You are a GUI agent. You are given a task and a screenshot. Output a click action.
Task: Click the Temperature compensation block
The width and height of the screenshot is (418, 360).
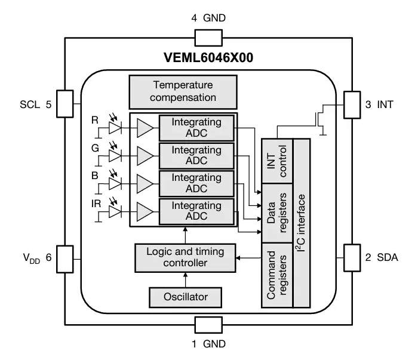point(183,91)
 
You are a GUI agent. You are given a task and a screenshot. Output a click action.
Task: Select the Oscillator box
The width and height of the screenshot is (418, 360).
point(186,296)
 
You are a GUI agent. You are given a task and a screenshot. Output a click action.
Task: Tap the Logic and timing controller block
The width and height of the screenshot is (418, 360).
point(186,257)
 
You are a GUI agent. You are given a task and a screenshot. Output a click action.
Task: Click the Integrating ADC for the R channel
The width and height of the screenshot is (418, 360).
point(196,127)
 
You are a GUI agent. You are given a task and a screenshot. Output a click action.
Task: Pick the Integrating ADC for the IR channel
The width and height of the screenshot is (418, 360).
point(196,211)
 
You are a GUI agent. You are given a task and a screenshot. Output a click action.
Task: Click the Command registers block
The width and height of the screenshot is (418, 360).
point(278,275)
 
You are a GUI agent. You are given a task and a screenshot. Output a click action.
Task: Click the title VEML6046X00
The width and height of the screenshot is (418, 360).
point(208,58)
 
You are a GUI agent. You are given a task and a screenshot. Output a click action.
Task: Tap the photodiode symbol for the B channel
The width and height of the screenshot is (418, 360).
point(115,182)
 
